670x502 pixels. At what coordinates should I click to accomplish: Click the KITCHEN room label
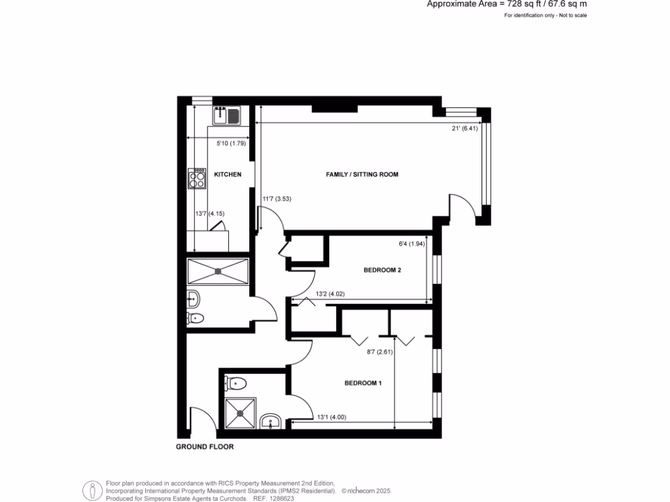click(x=228, y=175)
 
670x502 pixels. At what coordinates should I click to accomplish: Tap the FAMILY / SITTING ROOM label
click(x=362, y=175)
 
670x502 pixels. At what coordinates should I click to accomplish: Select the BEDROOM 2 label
click(x=382, y=269)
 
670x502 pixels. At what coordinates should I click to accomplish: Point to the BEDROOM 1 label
click(x=362, y=383)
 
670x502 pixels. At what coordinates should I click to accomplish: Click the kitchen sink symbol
click(x=226, y=116)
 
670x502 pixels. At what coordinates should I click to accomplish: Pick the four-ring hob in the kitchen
click(x=196, y=178)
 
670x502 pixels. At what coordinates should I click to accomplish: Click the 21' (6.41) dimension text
click(x=465, y=129)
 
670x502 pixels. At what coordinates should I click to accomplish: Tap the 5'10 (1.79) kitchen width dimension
click(x=230, y=144)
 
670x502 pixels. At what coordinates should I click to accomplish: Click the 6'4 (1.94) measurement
click(x=412, y=244)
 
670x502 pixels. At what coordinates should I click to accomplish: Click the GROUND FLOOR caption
click(x=204, y=447)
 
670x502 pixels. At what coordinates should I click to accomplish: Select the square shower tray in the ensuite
click(x=239, y=413)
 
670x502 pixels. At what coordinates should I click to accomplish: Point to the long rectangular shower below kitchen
click(x=218, y=271)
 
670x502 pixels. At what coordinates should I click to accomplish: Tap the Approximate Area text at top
click(x=506, y=4)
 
